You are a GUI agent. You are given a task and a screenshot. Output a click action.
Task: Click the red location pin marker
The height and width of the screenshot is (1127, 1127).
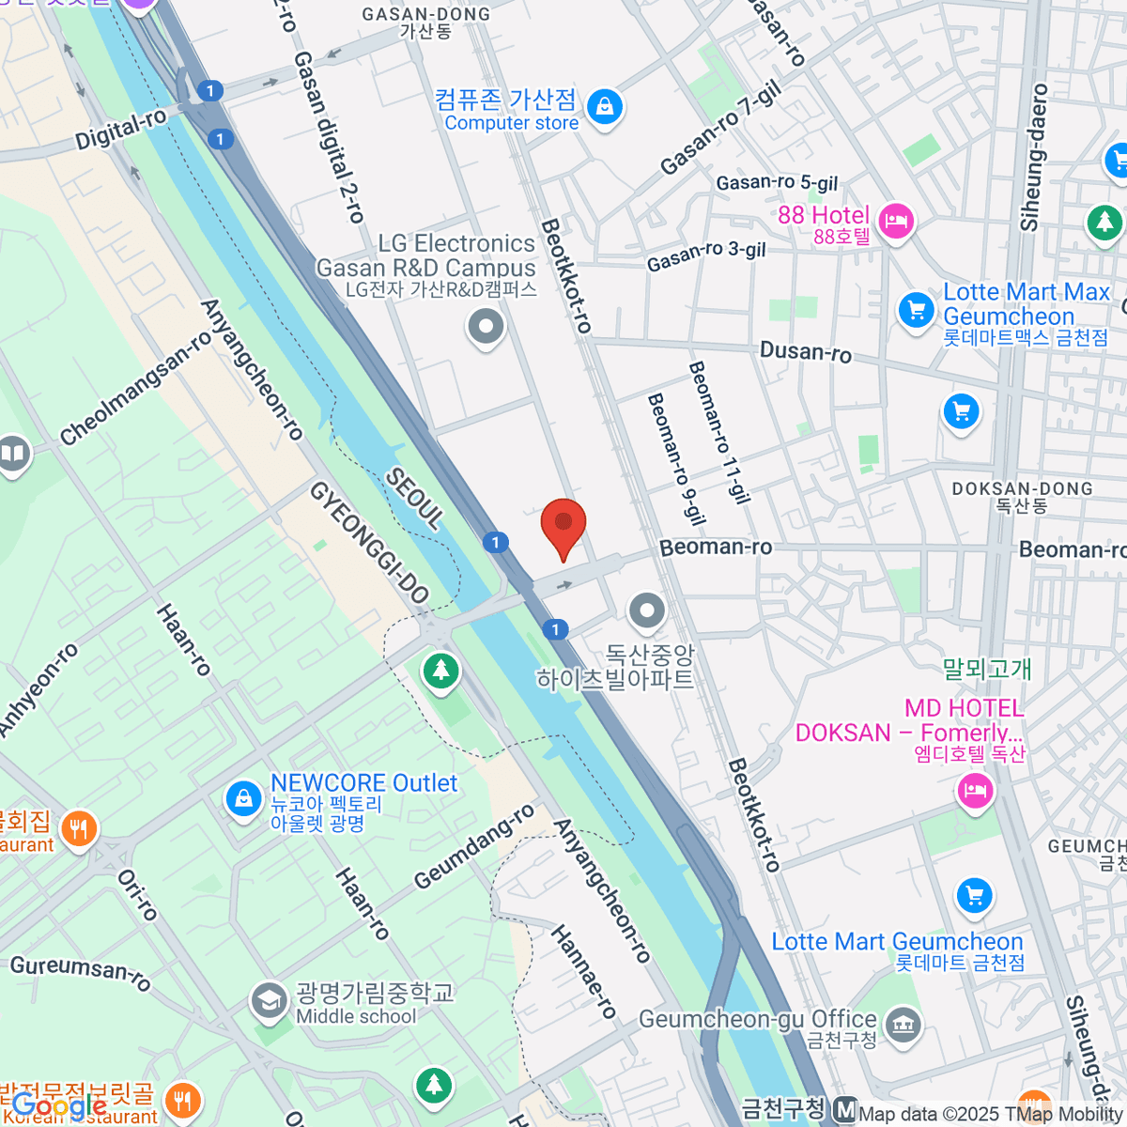click(x=563, y=524)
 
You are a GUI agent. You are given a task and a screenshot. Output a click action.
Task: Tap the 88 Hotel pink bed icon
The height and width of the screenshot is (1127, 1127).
click(x=898, y=223)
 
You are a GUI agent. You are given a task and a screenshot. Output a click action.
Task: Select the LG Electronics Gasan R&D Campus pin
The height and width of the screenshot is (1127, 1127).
click(x=486, y=328)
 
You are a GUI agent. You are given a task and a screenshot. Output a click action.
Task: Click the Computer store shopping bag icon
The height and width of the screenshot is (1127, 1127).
click(x=604, y=108)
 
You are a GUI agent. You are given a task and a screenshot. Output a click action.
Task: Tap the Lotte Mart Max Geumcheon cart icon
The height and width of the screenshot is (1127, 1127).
click(x=916, y=309)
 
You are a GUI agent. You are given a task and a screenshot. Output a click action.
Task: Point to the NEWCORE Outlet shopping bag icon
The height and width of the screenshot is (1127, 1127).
click(x=244, y=799)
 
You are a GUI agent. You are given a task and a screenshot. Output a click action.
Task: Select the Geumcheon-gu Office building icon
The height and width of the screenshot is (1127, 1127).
click(x=903, y=1025)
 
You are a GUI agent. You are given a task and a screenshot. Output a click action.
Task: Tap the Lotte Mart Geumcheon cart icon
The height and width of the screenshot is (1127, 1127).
click(x=974, y=895)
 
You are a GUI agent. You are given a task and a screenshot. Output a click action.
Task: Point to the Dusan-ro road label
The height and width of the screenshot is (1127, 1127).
click(x=806, y=351)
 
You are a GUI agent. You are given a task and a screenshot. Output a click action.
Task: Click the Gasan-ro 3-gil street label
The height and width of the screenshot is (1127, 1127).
click(x=706, y=255)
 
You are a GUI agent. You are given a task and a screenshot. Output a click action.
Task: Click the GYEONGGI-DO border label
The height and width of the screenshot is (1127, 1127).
click(x=369, y=543)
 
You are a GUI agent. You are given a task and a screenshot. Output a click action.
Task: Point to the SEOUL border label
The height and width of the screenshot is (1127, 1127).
click(x=414, y=499)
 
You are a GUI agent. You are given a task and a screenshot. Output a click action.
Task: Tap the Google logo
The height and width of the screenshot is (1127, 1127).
click(x=58, y=1105)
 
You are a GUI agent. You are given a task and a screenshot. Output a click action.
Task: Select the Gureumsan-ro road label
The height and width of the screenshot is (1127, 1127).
click(x=80, y=972)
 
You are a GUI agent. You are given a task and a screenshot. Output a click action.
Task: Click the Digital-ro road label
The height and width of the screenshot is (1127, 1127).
click(x=121, y=130)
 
